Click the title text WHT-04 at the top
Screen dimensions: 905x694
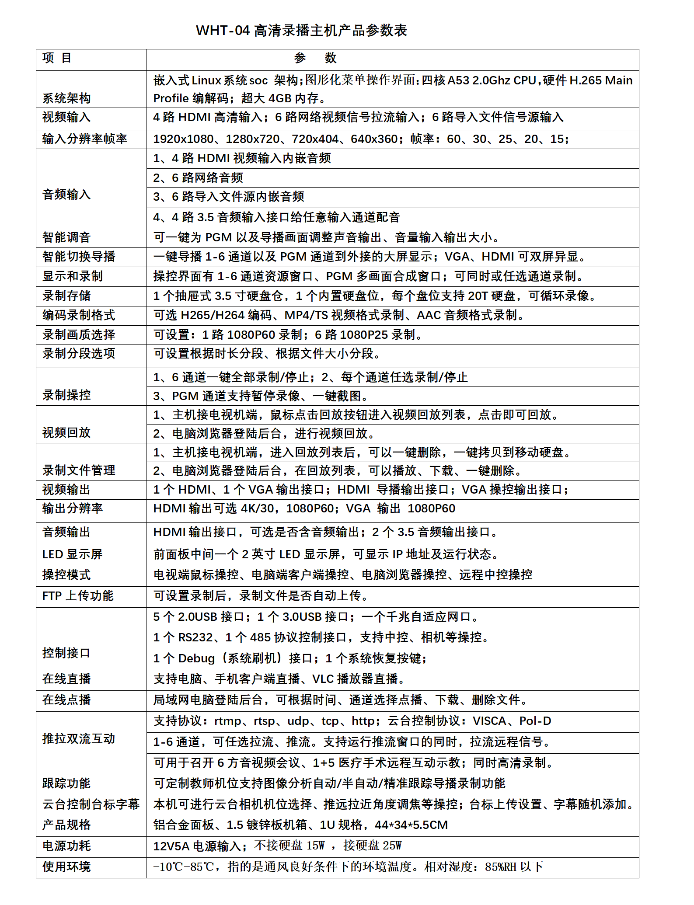click(x=223, y=31)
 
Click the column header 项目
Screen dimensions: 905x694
click(x=57, y=58)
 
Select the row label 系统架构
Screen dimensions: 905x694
click(x=66, y=98)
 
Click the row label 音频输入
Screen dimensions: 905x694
click(x=66, y=195)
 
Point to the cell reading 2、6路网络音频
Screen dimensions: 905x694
click(x=198, y=178)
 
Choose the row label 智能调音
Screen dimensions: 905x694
click(x=66, y=237)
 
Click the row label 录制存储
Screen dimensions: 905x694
click(x=66, y=296)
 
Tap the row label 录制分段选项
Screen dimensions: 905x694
click(x=79, y=353)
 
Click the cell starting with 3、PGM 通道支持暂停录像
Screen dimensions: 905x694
click(x=261, y=396)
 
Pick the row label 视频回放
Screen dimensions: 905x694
click(x=66, y=433)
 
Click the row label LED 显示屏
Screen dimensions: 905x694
click(x=72, y=554)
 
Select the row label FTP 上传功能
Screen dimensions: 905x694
click(x=78, y=596)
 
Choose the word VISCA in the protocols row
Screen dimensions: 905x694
click(x=489, y=721)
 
